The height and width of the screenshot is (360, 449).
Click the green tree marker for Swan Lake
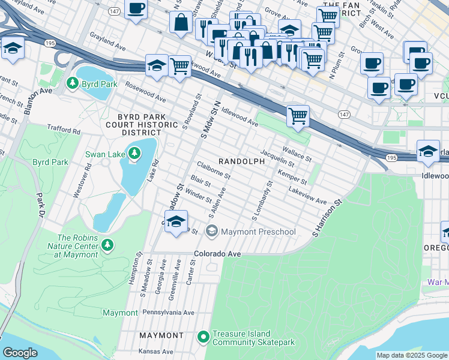134,154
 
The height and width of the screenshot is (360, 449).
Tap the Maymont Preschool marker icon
211,231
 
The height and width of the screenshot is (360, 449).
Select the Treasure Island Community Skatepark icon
203,338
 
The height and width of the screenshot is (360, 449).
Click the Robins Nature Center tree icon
107,245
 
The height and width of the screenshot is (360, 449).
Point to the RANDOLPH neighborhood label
241,162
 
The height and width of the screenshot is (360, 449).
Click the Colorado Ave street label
217,254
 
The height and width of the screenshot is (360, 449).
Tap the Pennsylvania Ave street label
168,313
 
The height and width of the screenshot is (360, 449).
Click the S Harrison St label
327,218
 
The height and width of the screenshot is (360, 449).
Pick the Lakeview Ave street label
307,194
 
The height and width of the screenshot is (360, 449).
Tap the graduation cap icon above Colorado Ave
175,222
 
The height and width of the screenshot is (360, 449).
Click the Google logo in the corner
20,353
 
